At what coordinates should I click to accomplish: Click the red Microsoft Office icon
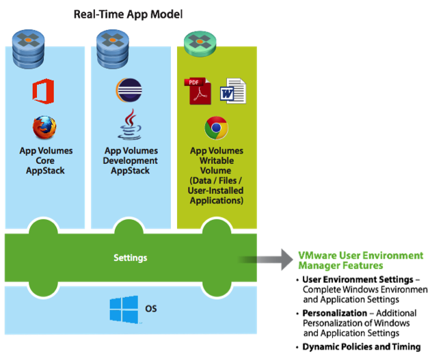pyautogui.click(x=43, y=92)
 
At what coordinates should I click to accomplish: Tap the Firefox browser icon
pyautogui.click(x=44, y=128)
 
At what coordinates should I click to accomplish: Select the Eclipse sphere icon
pyautogui.click(x=129, y=90)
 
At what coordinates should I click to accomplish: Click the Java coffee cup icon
pyautogui.click(x=130, y=124)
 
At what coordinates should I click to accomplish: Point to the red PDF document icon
pyautogui.click(x=198, y=91)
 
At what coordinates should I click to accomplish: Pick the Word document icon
pyautogui.click(x=233, y=91)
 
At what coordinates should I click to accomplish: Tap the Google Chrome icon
pyautogui.click(x=216, y=128)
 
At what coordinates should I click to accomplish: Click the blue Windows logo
pyautogui.click(x=124, y=309)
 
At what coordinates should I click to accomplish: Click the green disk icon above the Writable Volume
pyautogui.click(x=200, y=43)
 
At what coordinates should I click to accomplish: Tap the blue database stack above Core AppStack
pyautogui.click(x=29, y=49)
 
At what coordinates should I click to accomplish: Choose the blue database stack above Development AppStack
pyautogui.click(x=113, y=49)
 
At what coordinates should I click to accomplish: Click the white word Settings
pyautogui.click(x=131, y=258)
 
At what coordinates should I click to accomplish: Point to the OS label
pyautogui.click(x=151, y=309)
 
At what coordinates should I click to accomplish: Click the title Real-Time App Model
pyautogui.click(x=129, y=14)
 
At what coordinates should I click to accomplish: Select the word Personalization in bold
pyautogui.click(x=334, y=313)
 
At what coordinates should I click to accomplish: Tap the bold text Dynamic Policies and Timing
pyautogui.click(x=362, y=346)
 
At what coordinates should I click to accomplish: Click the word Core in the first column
pyautogui.click(x=45, y=161)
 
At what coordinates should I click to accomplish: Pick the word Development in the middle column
pyautogui.click(x=130, y=161)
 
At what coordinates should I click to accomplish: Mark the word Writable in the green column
pyautogui.click(x=217, y=161)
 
